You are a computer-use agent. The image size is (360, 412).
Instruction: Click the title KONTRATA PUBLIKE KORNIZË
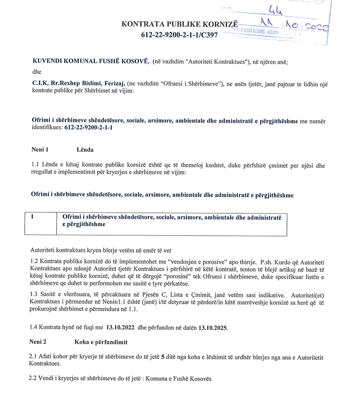click(179, 24)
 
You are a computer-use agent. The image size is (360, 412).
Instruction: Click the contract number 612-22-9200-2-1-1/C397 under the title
click(179, 35)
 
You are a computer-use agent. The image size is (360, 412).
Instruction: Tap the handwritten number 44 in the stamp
click(274, 9)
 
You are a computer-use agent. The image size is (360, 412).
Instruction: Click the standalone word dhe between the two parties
click(37, 72)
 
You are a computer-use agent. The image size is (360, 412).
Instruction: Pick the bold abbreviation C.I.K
click(40, 83)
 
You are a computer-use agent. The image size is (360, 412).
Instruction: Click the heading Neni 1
click(40, 150)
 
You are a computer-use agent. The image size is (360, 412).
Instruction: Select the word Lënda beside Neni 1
click(85, 150)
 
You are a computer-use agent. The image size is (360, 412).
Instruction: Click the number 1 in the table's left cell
click(32, 217)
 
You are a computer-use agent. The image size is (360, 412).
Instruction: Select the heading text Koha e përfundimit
click(101, 342)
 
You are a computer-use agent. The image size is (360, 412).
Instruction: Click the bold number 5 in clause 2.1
click(163, 357)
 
